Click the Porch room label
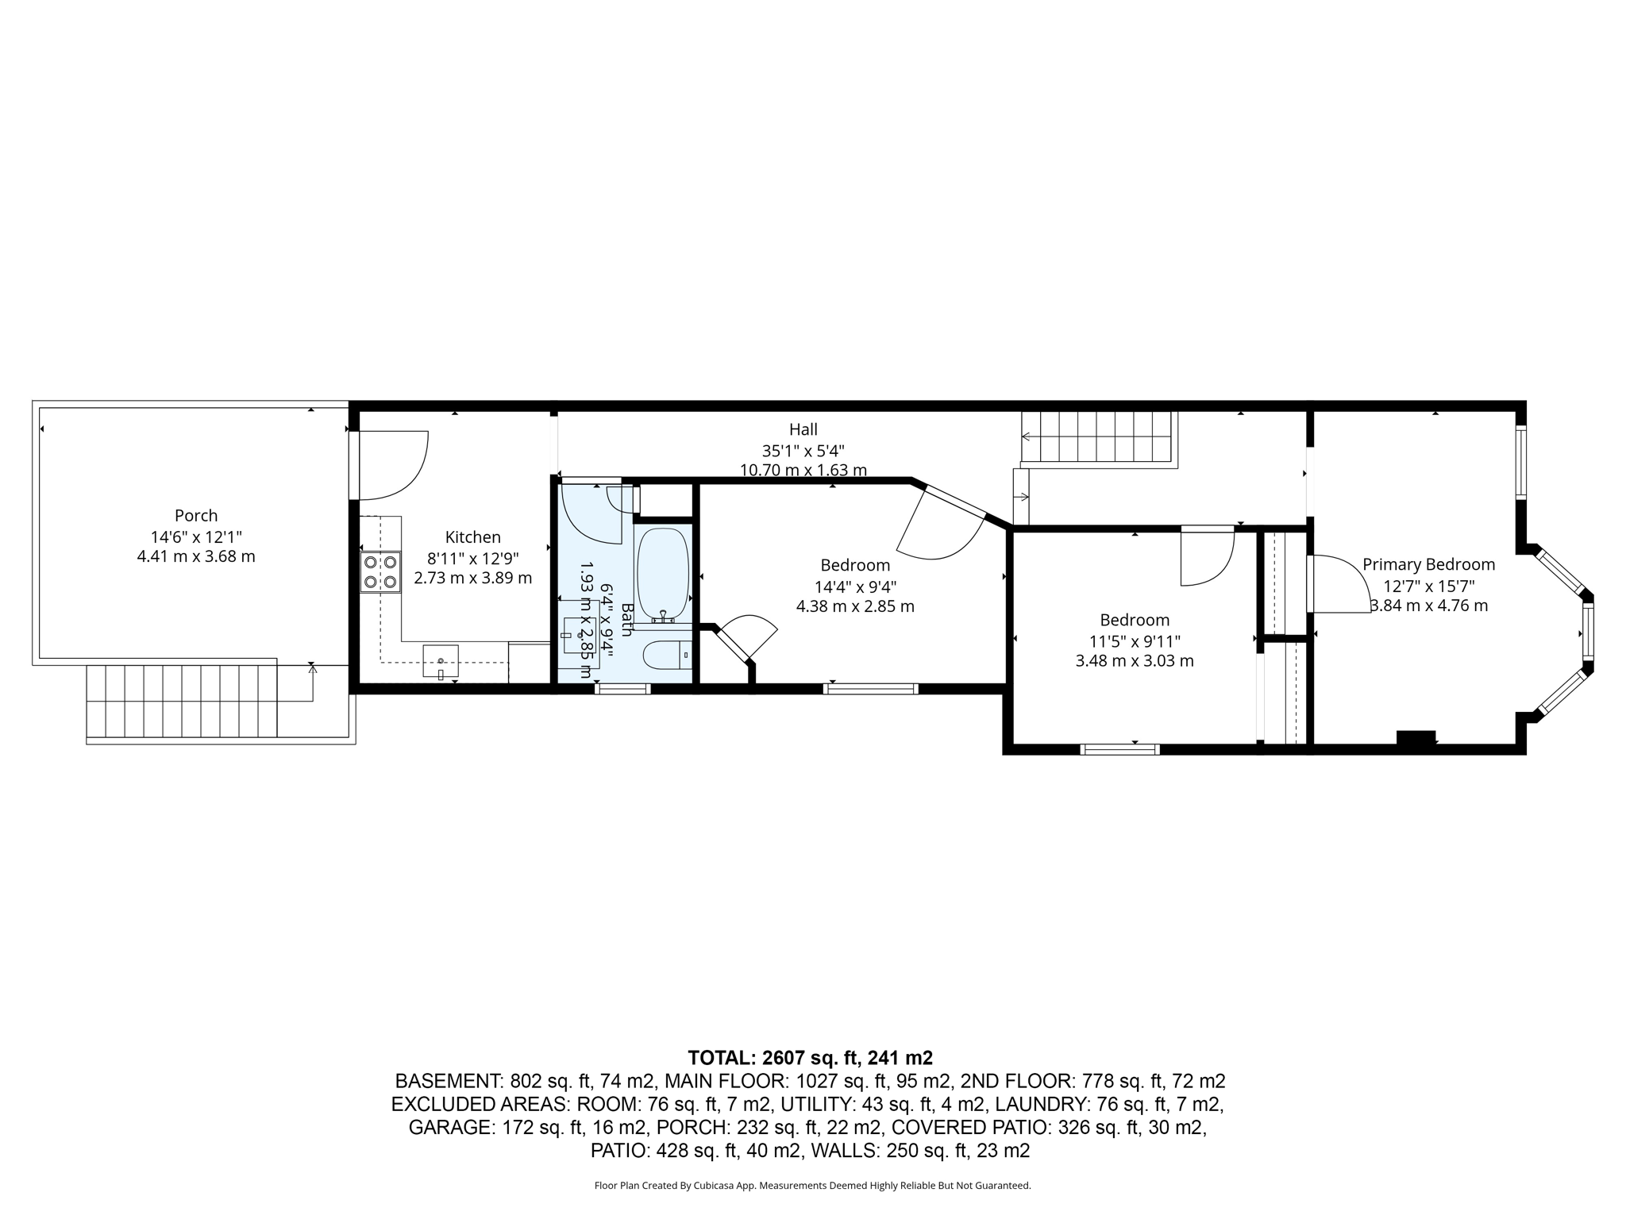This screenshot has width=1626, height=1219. (196, 516)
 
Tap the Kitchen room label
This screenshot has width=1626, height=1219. (472, 537)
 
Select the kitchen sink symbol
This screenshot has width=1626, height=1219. (441, 661)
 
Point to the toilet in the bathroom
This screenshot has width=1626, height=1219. (666, 656)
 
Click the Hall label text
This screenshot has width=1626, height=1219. (803, 429)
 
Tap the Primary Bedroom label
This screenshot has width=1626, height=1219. (1428, 564)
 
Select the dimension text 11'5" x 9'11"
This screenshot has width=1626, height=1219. (1135, 640)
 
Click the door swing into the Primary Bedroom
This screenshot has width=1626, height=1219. (1338, 583)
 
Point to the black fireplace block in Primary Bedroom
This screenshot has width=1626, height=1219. (1416, 737)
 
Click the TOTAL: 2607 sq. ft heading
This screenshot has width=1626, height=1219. (810, 1058)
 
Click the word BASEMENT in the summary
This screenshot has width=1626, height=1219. (448, 1081)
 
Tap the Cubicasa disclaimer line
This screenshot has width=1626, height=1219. (812, 1186)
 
